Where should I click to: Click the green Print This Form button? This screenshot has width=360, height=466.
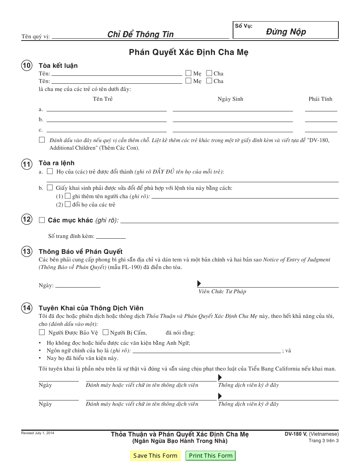pos(211,455)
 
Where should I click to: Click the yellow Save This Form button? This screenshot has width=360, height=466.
pos(155,455)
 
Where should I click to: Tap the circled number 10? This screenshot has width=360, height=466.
pos(27,66)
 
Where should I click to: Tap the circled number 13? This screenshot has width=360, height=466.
pos(27,252)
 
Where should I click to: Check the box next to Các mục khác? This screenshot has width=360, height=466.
pos(42,220)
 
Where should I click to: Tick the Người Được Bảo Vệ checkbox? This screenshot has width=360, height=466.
pos(42,333)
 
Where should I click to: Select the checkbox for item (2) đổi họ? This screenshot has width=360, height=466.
pos(67,204)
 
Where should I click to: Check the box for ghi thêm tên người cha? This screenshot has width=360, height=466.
pos(67,196)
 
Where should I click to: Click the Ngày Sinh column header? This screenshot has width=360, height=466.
pos(230,99)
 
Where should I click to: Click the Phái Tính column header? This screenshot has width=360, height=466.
pos(320,99)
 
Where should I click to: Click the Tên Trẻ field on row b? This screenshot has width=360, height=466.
pos(106,119)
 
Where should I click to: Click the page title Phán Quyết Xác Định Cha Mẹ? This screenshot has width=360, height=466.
pos(188,52)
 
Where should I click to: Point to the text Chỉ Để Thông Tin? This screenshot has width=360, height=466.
pos(140,34)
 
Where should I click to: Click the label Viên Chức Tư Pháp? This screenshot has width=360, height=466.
pos(222,291)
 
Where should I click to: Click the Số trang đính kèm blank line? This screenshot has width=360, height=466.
pos(111,236)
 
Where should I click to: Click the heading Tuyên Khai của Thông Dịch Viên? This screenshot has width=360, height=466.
pos(91,308)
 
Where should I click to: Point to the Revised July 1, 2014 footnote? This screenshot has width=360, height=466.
pos(38,433)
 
